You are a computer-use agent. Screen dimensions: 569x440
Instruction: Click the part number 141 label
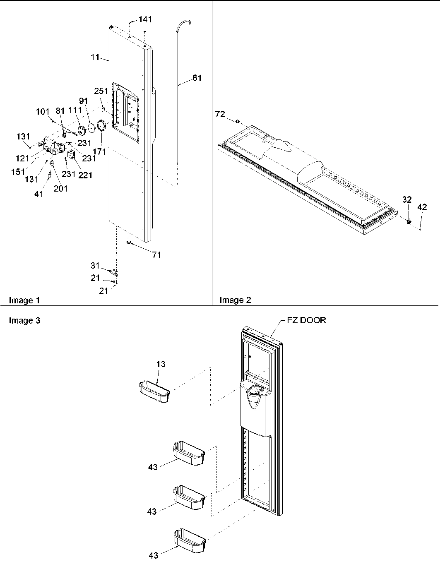point(145,19)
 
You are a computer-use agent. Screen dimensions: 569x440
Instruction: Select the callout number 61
point(197,78)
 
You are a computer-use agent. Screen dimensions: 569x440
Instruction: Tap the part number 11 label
point(95,57)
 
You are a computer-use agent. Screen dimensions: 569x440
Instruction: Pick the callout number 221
point(86,175)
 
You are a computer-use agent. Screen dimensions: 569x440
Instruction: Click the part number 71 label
point(156,255)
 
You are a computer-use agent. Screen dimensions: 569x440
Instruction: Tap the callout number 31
point(95,266)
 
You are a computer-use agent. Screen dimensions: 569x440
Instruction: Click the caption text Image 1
point(24,300)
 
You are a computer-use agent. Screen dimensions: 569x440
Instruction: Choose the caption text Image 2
point(235,300)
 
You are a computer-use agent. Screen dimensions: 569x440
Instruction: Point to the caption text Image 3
point(24,320)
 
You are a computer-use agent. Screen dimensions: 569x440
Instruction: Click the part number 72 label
point(220,114)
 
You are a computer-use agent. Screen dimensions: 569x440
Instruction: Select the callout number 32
point(407,200)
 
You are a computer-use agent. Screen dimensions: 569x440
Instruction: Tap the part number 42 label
point(422,208)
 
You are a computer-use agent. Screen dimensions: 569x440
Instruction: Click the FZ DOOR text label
point(306,320)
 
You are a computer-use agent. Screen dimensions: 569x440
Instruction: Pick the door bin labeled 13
point(154,392)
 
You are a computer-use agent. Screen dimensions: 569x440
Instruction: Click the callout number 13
point(161,364)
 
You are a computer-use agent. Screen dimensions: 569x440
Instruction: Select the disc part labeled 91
point(92,129)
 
